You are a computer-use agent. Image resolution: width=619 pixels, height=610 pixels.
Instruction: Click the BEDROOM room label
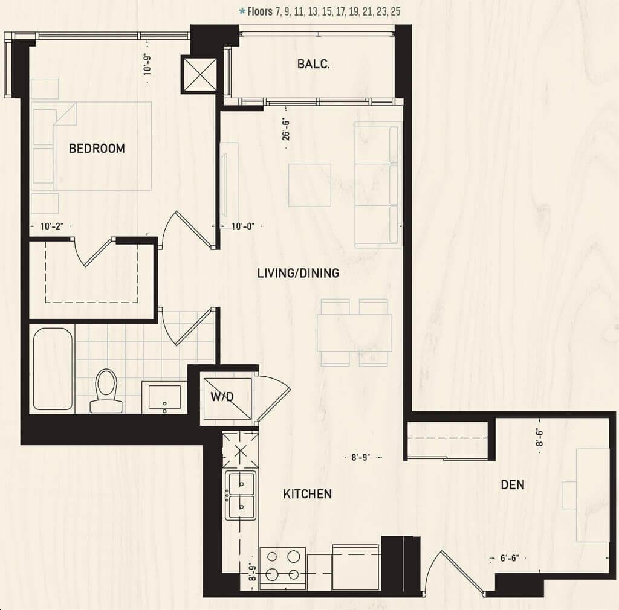(97, 148)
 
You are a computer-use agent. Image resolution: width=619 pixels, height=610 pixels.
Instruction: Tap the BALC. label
(314, 64)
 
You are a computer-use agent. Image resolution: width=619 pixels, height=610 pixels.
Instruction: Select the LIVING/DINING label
(298, 273)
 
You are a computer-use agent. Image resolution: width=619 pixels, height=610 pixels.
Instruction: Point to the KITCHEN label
(308, 493)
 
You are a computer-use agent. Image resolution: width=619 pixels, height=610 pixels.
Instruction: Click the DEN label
(513, 484)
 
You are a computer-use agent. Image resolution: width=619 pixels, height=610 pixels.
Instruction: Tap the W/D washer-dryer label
(222, 397)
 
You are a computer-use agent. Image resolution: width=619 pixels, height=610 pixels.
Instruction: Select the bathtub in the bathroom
(53, 369)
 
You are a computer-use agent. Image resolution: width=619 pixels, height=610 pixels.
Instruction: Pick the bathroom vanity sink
(164, 397)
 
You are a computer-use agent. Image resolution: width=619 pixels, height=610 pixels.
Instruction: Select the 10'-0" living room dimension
(243, 226)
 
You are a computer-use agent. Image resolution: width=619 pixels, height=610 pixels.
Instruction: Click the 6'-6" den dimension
(510, 558)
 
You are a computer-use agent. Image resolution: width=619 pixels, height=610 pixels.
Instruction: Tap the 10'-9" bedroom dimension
(147, 64)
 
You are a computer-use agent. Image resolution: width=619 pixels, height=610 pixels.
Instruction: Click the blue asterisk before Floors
(242, 11)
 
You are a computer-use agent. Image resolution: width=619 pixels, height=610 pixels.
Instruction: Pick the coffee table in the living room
(310, 185)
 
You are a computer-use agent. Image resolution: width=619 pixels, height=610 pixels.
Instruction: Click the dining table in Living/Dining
(354, 332)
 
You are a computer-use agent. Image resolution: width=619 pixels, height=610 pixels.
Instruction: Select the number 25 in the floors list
(395, 12)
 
